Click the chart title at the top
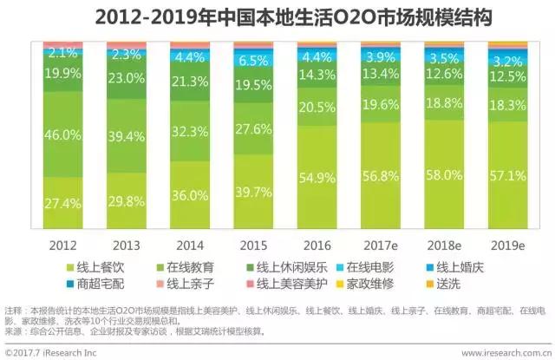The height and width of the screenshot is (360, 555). [x=277, y=16]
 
